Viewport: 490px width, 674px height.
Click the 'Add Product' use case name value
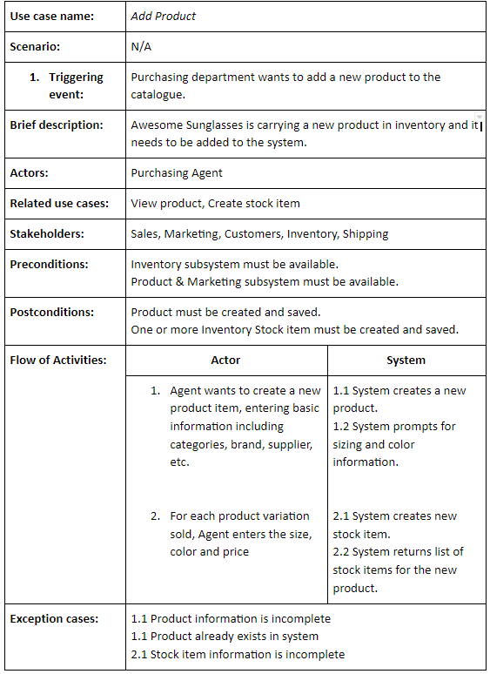pyautogui.click(x=163, y=16)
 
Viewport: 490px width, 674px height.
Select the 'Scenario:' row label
pyautogui.click(x=35, y=47)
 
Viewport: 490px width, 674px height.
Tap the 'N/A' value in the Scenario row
pyautogui.click(x=141, y=47)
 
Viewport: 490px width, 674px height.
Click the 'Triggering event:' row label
pyautogui.click(x=66, y=85)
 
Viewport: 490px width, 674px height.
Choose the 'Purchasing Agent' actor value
pyautogui.click(x=177, y=172)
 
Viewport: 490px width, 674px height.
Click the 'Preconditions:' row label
pyautogui.click(x=49, y=263)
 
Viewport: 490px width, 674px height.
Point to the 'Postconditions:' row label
pyautogui.click(x=52, y=312)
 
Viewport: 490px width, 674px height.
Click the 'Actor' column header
pyautogui.click(x=225, y=360)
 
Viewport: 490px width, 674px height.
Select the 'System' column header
pyautogui.click(x=406, y=360)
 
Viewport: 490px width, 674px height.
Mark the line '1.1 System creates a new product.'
pyautogui.click(x=399, y=399)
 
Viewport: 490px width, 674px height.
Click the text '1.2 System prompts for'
pyautogui.click(x=393, y=426)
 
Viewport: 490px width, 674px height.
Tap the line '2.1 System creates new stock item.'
pyautogui.click(x=394, y=524)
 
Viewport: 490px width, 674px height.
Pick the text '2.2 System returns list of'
pyautogui.click(x=398, y=551)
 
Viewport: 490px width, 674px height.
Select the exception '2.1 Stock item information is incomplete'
pyautogui.click(x=238, y=654)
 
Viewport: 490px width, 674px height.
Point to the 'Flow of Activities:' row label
pyautogui.click(x=57, y=360)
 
